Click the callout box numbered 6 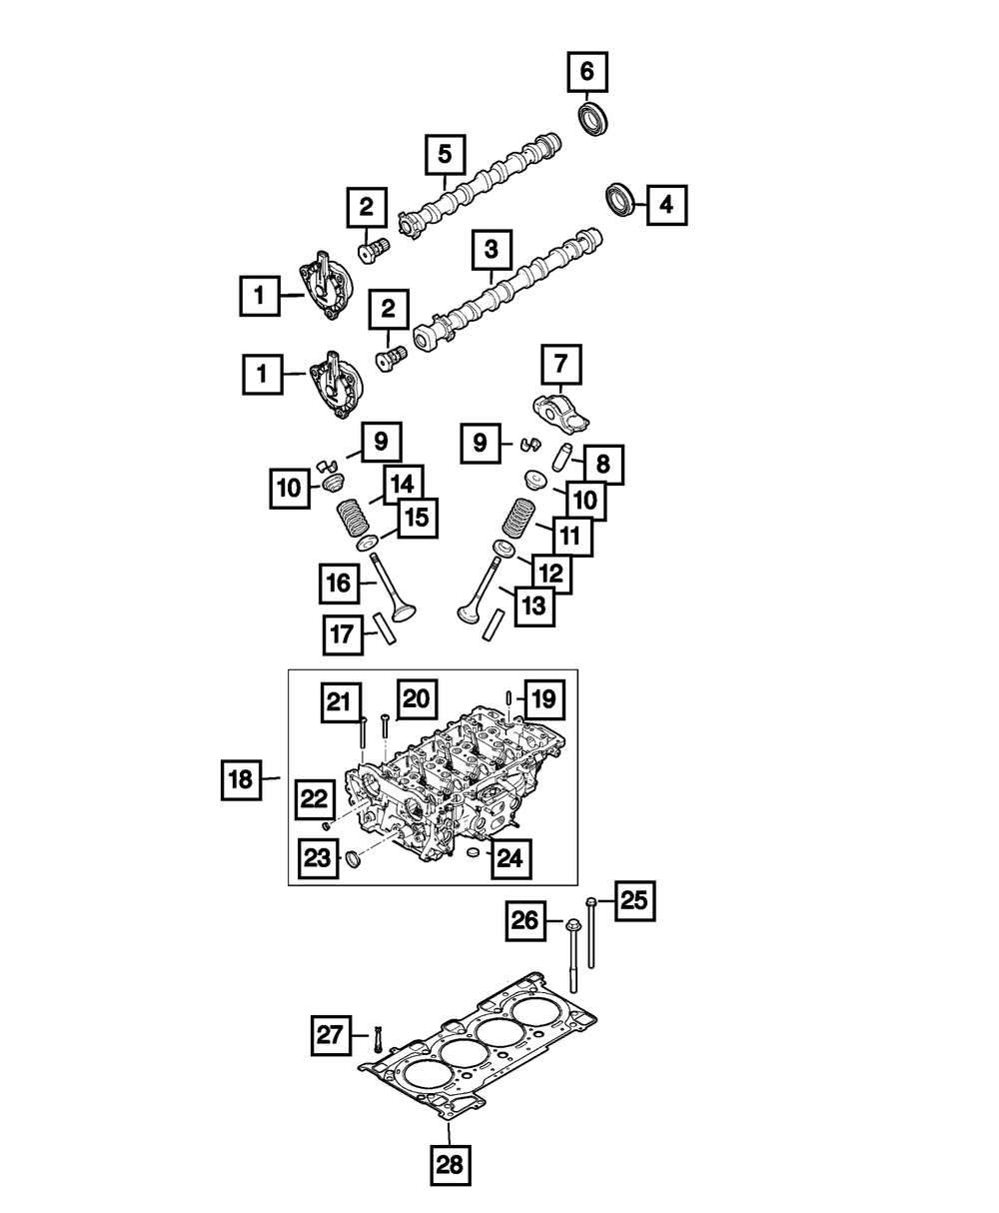[x=586, y=71]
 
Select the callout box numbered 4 [x=666, y=206]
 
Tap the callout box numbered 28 [x=450, y=1163]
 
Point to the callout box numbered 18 [x=240, y=780]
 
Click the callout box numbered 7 [x=560, y=365]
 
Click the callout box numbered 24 [x=510, y=856]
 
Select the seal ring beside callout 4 [x=623, y=198]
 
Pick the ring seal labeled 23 [x=352, y=859]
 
